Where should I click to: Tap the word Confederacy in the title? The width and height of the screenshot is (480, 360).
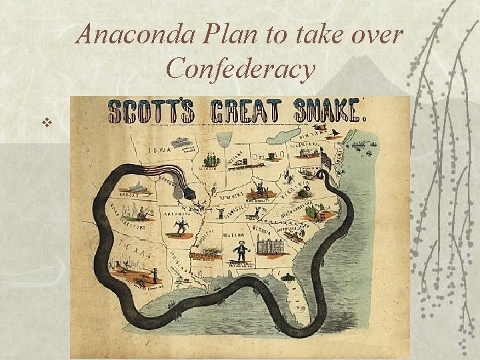241,68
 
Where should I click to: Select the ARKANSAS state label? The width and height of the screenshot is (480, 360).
177,217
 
